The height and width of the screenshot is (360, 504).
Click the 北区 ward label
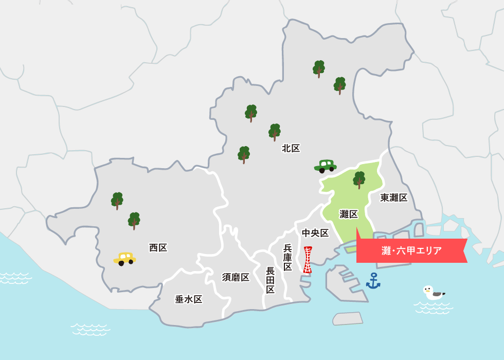tap(291, 149)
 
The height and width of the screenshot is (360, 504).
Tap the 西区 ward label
tap(158, 248)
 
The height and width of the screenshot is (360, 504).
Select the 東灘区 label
tap(394, 197)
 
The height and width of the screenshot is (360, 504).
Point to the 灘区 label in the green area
tap(349, 214)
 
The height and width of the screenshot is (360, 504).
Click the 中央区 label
tap(315, 233)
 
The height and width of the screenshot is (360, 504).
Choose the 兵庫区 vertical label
tap(287, 257)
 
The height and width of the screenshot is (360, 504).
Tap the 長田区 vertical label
tap(271, 280)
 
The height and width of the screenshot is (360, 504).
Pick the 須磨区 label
tap(236, 277)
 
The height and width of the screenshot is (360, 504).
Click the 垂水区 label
tap(188, 299)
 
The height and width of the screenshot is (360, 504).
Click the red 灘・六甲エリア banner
tap(411, 251)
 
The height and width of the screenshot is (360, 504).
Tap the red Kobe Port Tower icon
tap(308, 260)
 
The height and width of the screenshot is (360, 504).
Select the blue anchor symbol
tap(373, 281)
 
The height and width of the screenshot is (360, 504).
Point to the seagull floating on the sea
tap(433, 293)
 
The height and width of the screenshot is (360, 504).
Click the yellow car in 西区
tap(124, 258)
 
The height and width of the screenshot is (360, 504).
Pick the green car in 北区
tap(325, 166)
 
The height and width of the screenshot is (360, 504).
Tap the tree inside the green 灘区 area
tap(359, 179)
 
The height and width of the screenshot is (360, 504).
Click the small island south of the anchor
tap(347, 318)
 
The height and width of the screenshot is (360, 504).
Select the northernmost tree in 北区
tap(319, 68)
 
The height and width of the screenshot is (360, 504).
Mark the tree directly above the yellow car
tap(134, 220)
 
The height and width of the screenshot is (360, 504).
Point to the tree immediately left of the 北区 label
tap(275, 132)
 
